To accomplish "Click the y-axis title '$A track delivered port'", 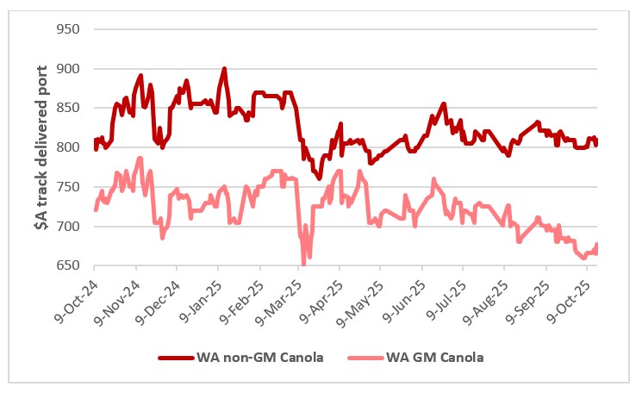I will pos(27,147).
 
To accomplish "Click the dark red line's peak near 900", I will pos(224,69).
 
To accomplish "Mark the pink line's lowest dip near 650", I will pos(303,263).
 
